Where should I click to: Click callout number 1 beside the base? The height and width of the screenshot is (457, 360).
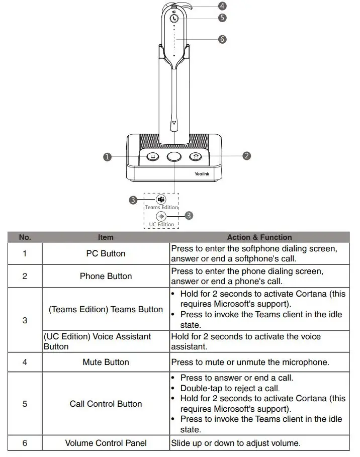[x=107, y=157]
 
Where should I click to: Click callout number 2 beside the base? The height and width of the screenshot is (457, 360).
[x=246, y=156]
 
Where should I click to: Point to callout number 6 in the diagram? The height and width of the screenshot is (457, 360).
[x=222, y=39]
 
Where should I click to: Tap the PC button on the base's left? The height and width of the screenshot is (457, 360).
[x=152, y=156]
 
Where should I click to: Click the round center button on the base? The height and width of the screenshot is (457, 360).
[x=174, y=156]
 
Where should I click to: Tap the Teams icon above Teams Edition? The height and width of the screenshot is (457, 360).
[x=161, y=199]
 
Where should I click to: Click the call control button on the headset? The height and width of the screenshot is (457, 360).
[x=174, y=18]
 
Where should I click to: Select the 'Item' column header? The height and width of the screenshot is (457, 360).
[x=106, y=237]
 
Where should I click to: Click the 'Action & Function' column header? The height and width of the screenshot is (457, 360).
[x=259, y=237]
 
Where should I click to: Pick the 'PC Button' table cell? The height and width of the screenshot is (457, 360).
[x=106, y=254]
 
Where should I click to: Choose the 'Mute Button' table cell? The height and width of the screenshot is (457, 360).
[x=106, y=362]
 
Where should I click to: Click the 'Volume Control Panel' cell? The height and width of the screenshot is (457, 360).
[x=106, y=443]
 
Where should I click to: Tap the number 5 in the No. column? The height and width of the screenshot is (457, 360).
[x=25, y=404]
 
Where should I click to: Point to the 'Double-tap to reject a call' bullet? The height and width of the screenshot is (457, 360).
[x=230, y=388]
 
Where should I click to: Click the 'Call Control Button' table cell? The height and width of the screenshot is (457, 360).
[x=106, y=404]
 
